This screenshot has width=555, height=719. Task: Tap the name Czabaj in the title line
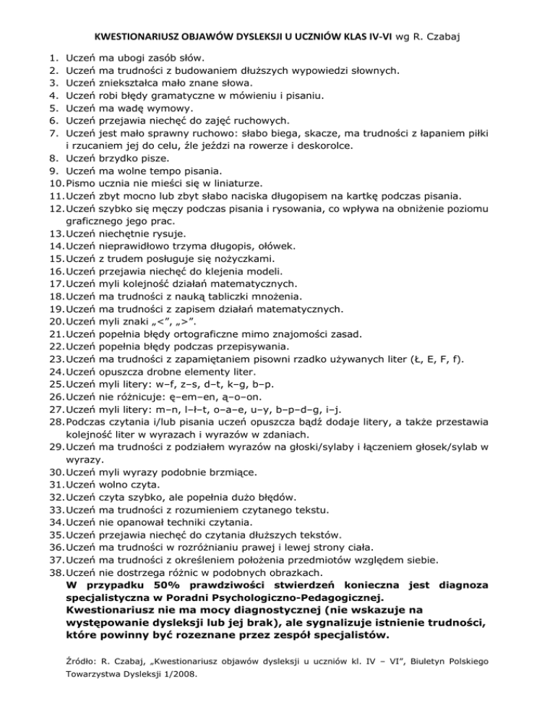coord(443,33)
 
